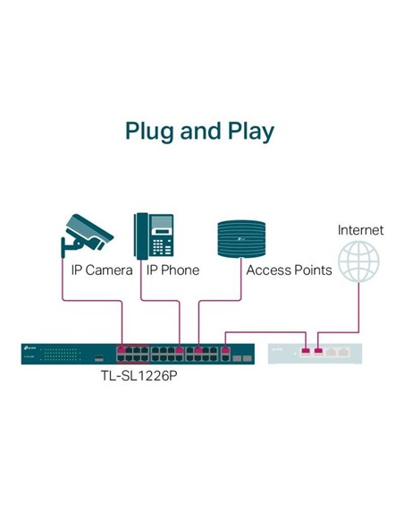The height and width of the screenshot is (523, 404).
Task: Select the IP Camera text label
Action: point(102,270)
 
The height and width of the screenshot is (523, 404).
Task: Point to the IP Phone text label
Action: point(173,270)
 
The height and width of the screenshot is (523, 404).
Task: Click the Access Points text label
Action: point(289,270)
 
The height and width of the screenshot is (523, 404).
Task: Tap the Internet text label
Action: point(360,230)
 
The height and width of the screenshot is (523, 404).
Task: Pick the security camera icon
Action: point(88,234)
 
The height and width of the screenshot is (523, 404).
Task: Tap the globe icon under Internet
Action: point(358,261)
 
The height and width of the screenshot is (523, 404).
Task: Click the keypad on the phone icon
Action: point(162,244)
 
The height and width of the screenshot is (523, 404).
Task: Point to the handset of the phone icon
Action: point(141,235)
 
